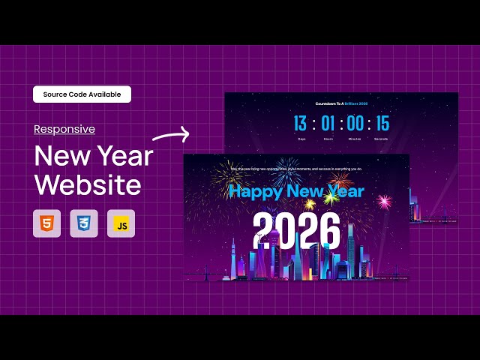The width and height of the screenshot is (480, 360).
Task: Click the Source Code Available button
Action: [82, 94]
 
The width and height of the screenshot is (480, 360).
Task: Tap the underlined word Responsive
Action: [64, 129]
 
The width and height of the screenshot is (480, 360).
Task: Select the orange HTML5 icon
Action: [46, 223]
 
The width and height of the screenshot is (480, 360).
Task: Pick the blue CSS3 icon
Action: [84, 223]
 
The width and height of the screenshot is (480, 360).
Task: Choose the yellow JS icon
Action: [121, 223]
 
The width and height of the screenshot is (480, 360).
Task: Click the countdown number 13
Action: [300, 124]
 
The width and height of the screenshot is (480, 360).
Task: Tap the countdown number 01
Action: [328, 124]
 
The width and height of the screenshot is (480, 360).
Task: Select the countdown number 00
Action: [355, 124]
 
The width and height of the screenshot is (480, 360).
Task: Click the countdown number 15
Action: [382, 124]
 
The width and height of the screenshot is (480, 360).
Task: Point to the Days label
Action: [301, 139]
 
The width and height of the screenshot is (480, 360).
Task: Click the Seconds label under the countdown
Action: [382, 139]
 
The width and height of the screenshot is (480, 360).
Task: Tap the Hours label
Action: [328, 139]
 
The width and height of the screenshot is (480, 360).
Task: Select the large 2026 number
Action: [296, 230]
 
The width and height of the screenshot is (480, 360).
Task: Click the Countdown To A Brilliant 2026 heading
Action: [341, 103]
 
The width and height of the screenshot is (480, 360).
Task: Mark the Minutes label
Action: [355, 139]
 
